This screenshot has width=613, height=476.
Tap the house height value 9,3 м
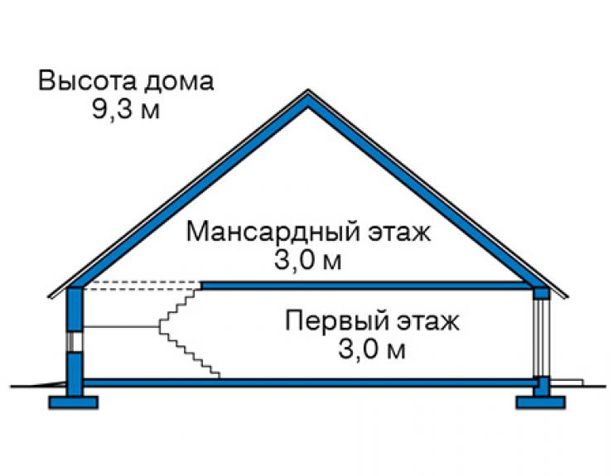tap(125, 108)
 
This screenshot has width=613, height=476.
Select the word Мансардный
tap(273, 233)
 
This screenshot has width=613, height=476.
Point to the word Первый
tap(337, 322)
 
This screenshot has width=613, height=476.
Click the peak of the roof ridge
tap(308, 91)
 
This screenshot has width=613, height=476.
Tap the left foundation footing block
tap(73, 402)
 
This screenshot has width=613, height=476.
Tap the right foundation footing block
tap(541, 402)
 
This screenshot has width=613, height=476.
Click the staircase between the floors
tap(189, 332)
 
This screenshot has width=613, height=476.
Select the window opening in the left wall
tap(75, 342)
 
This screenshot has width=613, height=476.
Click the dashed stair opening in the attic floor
tap(142, 286)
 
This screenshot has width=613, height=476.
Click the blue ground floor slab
tap(310, 382)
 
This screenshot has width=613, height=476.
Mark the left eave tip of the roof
tap(50, 296)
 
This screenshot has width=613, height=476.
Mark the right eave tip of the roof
tap(567, 296)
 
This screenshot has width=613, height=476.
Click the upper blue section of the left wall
tap(75, 310)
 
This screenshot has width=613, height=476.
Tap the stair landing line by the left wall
tap(121, 326)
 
